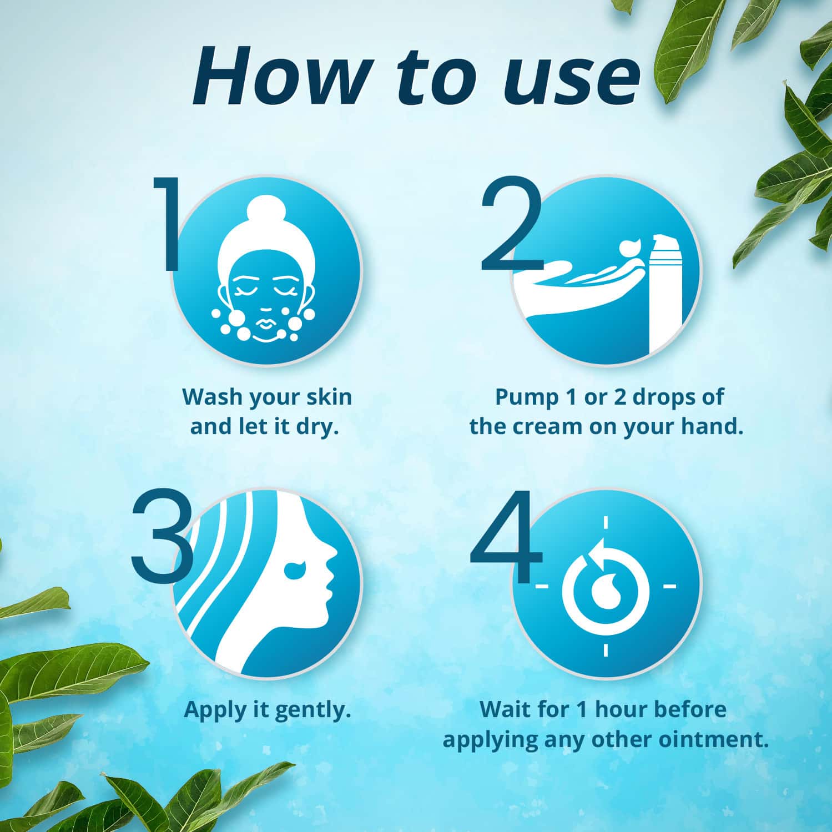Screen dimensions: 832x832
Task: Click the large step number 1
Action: pos(167,225)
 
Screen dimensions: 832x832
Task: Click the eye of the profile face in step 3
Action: pos(295,569)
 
